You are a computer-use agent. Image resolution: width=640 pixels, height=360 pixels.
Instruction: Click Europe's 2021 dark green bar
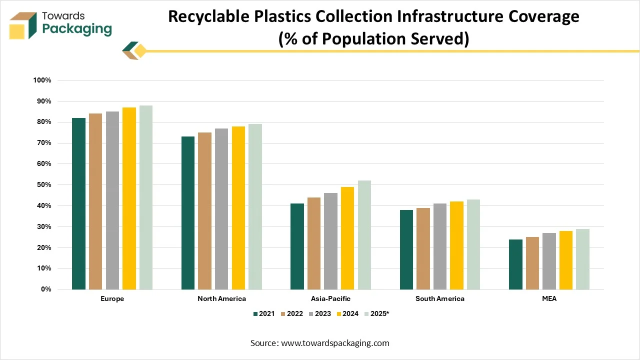(x=78, y=203)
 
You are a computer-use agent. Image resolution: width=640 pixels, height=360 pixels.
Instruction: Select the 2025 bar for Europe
(x=146, y=197)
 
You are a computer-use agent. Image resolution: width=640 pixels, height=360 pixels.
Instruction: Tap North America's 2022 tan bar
(x=204, y=211)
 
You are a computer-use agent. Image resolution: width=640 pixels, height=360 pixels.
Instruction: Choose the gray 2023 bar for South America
(x=440, y=246)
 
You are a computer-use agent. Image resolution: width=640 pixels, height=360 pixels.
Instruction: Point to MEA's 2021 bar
(x=515, y=264)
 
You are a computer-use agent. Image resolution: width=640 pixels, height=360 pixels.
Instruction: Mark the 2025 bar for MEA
(x=582, y=259)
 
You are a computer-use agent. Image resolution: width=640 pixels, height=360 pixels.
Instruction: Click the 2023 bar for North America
(x=221, y=209)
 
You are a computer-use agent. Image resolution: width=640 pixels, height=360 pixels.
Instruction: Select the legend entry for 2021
(x=264, y=313)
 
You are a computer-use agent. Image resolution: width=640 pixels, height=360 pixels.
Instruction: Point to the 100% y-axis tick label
(x=42, y=80)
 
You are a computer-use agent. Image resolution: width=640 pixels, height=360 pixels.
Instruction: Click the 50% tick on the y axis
(x=43, y=185)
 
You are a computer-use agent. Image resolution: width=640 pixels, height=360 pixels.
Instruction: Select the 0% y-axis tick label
(x=45, y=289)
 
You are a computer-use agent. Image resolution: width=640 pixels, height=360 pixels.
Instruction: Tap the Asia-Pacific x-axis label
(x=330, y=298)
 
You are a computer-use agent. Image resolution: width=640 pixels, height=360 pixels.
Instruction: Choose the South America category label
(x=440, y=298)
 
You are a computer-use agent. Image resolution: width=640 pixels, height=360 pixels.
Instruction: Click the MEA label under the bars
(x=549, y=298)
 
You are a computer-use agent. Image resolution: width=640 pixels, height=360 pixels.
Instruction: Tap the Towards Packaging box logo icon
(x=23, y=25)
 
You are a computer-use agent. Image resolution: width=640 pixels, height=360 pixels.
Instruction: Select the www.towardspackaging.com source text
(x=335, y=343)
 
